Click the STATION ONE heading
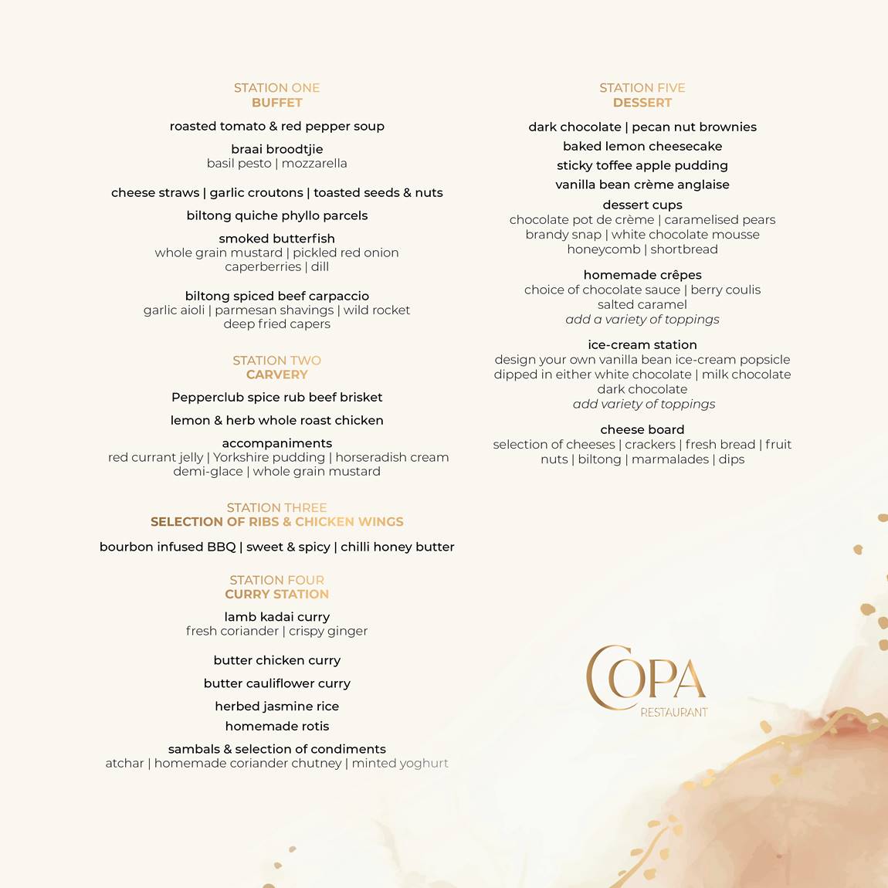pyautogui.click(x=276, y=88)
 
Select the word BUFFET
pyautogui.click(x=276, y=103)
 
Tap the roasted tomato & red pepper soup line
pyautogui.click(x=276, y=126)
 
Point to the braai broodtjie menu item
pyautogui.click(x=276, y=149)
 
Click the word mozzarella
pyautogui.click(x=314, y=163)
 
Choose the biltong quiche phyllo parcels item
pyautogui.click(x=276, y=215)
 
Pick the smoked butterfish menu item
pyautogui.click(x=276, y=239)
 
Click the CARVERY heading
pyautogui.click(x=276, y=375)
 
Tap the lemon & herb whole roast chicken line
pyautogui.click(x=276, y=420)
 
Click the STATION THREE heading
pyautogui.click(x=276, y=507)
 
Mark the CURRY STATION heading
pyautogui.click(x=276, y=594)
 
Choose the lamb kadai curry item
pyautogui.click(x=276, y=617)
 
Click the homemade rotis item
pyautogui.click(x=276, y=726)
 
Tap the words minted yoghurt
pyautogui.click(x=400, y=763)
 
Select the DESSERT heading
pyautogui.click(x=642, y=103)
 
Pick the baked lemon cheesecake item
pyautogui.click(x=642, y=146)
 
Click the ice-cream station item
pyautogui.click(x=642, y=344)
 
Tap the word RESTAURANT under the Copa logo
pyautogui.click(x=673, y=712)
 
